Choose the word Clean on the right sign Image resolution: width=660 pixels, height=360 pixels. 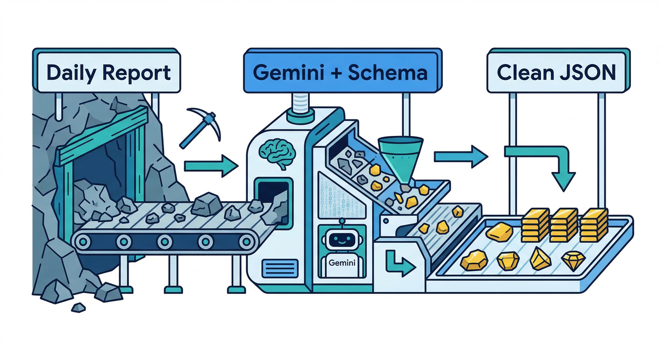click(522, 73)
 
